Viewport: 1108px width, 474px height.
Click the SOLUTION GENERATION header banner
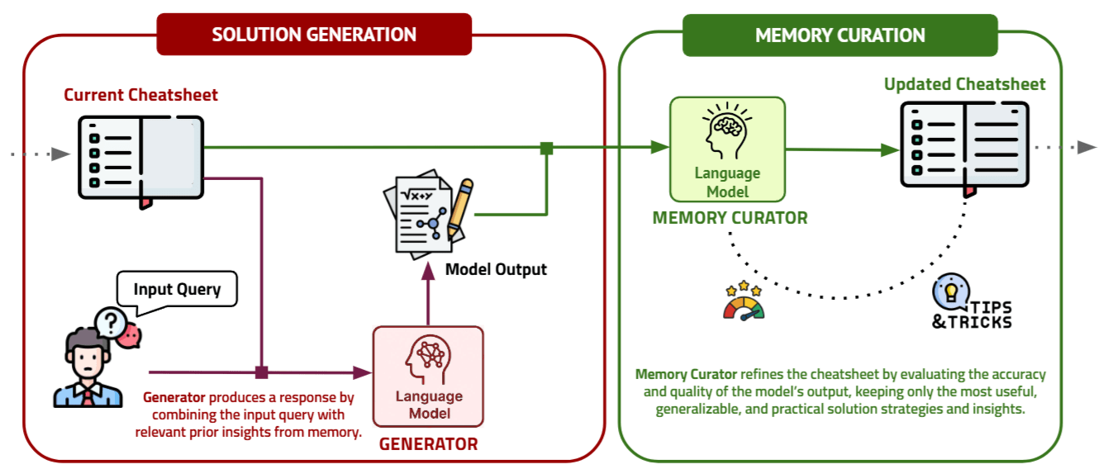314,35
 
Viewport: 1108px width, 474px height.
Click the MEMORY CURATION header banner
839,36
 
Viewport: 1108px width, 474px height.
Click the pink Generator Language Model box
428,377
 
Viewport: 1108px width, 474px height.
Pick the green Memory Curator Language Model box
727,149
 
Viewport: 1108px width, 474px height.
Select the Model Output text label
496,269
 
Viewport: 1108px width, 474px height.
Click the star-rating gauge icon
744,301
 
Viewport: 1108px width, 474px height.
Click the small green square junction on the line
546,149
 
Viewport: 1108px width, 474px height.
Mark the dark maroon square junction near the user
262,372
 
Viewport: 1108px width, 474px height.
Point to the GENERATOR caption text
428,444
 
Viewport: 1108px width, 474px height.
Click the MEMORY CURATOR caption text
730,218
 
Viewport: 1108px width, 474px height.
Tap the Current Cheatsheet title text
140,94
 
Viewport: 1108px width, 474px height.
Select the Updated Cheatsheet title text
964,84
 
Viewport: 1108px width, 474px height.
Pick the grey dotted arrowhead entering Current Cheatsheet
59,153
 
